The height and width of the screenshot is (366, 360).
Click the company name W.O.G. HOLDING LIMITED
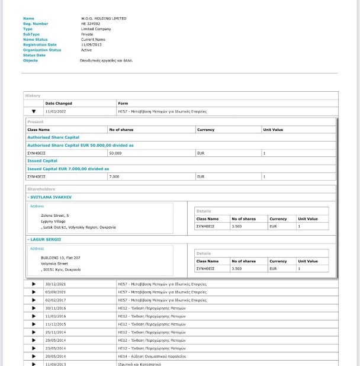[x=104, y=18]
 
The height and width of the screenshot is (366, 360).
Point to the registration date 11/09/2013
[x=91, y=45]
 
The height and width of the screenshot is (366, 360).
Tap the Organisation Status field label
[x=42, y=50]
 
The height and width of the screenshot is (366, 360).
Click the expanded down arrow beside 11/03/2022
[x=34, y=111]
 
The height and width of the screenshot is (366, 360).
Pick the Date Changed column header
[x=59, y=104]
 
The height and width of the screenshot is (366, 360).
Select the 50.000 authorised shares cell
[x=115, y=153]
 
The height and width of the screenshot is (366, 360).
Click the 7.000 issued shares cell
[x=114, y=176]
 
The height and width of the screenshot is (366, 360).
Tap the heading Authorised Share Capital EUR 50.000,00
[x=81, y=145]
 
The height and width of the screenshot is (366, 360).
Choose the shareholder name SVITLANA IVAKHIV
[x=51, y=197]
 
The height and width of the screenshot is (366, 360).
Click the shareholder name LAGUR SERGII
[x=46, y=239]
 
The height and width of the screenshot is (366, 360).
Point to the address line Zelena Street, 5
[x=55, y=216]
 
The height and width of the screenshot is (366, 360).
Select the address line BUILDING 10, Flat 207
[x=60, y=258]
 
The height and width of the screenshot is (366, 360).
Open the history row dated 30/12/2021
[x=56, y=284]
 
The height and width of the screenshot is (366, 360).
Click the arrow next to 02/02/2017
[x=34, y=300]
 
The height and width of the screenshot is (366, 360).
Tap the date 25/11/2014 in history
[x=56, y=332]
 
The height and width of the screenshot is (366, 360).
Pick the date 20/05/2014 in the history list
[x=56, y=357]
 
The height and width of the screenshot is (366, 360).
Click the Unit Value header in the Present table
[x=273, y=129]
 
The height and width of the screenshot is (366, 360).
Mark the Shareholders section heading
[x=41, y=190]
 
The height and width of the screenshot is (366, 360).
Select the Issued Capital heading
[x=43, y=160]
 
